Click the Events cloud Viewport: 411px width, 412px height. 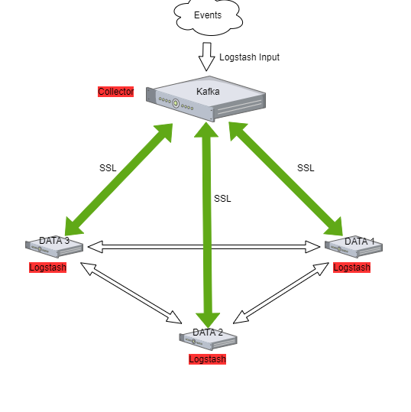208,16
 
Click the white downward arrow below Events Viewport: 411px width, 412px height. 206,57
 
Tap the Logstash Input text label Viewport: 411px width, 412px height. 249,57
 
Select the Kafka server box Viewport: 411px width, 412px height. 206,99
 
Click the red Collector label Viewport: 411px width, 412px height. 116,92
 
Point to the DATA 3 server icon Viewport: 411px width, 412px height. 54,246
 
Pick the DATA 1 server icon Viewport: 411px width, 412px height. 354,246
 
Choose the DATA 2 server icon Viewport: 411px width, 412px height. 209,339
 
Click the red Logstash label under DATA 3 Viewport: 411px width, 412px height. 48,268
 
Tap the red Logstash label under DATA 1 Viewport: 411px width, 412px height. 352,268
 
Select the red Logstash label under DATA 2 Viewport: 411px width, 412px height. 208,359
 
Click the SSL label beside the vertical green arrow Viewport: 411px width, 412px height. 222,199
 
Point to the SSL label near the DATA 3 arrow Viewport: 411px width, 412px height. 108,168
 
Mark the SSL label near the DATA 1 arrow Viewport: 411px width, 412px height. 306,168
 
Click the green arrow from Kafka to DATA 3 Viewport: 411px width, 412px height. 118,180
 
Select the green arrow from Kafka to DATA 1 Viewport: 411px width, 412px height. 286,179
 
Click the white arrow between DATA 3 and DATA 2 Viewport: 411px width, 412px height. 131,293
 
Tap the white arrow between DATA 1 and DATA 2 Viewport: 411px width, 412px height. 281,293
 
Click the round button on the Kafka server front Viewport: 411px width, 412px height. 176,103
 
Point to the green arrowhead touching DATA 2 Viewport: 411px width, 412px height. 208,320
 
